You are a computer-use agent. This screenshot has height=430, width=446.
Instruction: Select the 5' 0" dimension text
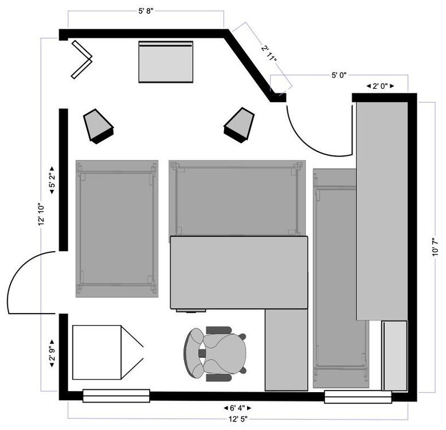(339, 75)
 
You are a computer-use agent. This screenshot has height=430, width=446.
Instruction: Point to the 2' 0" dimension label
(381, 86)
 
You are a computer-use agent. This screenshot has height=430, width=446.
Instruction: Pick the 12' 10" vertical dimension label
(41, 214)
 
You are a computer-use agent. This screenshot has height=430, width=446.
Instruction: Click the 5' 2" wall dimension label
(52, 179)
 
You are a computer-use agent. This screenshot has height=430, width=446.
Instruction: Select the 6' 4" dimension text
(237, 408)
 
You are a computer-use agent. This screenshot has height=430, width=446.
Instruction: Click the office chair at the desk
(217, 354)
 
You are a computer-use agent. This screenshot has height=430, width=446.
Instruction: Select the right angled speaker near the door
(239, 124)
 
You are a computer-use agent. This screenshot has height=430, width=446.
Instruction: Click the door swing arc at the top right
(312, 138)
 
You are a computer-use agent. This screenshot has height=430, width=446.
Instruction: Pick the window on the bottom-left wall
(116, 396)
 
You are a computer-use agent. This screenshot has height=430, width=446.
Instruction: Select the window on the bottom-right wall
(358, 396)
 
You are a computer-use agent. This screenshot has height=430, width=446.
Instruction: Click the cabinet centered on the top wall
(166, 61)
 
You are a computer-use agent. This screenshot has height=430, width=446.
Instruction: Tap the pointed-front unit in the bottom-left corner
(105, 352)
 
